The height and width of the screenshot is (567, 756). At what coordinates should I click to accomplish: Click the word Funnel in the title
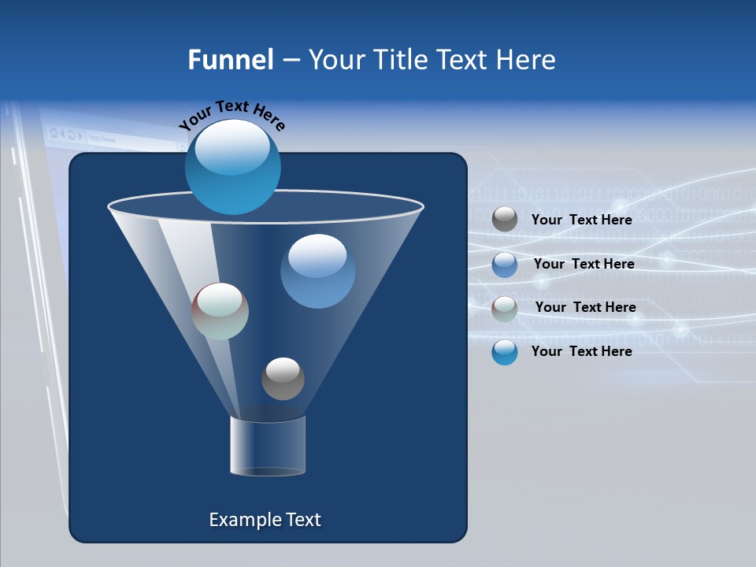point(230,60)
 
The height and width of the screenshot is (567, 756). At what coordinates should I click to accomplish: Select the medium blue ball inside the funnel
point(317,271)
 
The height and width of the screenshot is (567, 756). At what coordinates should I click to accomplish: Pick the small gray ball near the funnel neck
point(283,378)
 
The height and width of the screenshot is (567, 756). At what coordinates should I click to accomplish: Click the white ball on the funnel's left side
point(220,311)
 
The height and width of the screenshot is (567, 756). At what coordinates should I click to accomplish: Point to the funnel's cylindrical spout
point(268,446)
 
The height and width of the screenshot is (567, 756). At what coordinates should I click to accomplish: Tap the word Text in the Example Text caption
point(302,520)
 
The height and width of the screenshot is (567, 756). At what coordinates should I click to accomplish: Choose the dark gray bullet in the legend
point(505,220)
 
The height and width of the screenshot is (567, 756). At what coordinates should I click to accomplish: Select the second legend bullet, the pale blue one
point(505,265)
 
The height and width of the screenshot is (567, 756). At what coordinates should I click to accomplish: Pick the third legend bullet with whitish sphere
point(505,309)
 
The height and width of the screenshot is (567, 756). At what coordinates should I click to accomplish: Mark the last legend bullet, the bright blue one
point(505,352)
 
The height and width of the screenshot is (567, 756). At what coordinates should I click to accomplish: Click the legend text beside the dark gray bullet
point(581,220)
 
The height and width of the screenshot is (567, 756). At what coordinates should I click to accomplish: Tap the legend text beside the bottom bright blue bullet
point(581,351)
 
